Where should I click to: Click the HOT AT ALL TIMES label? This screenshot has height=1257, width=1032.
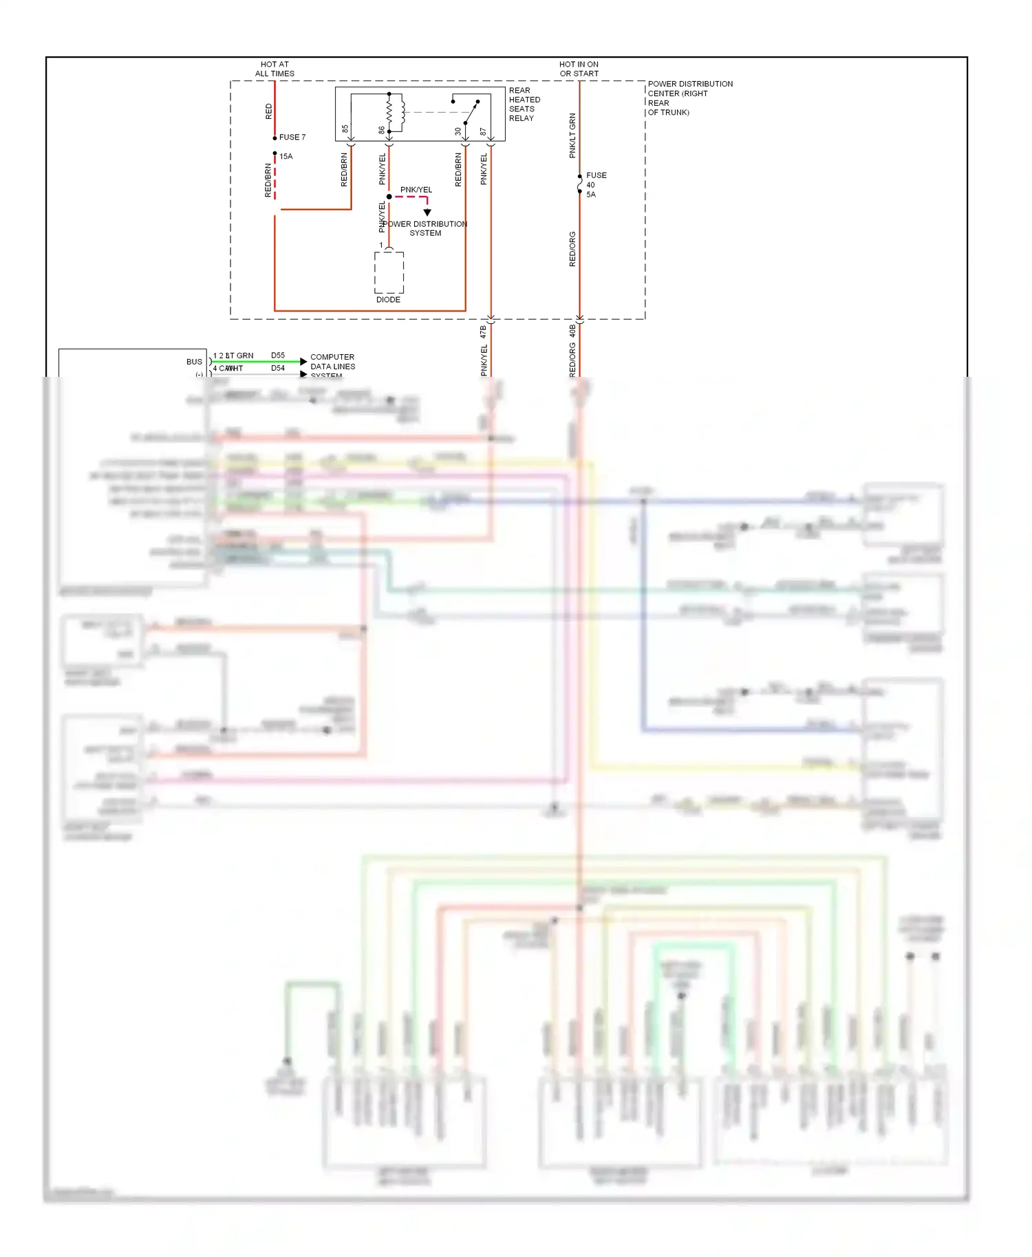tap(275, 69)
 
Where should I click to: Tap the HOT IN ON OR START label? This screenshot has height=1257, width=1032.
tap(579, 69)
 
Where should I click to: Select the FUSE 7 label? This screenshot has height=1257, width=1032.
tap(292, 138)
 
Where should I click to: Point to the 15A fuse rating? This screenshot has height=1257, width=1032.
tap(286, 157)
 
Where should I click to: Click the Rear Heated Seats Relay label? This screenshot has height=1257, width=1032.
tap(524, 105)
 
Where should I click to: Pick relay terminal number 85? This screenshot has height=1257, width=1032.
tap(345, 129)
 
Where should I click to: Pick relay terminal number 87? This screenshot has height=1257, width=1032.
tap(483, 131)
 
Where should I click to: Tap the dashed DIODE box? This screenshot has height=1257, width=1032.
tap(389, 272)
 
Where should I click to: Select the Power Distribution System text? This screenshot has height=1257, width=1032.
tap(425, 229)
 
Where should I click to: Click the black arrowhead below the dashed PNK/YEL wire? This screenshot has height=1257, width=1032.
tap(427, 212)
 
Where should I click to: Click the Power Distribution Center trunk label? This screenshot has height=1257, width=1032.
tap(689, 98)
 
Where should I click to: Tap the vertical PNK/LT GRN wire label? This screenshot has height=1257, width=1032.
tap(572, 136)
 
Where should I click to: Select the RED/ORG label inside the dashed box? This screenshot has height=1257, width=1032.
tap(572, 249)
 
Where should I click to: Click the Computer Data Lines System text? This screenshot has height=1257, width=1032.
tap(332, 366)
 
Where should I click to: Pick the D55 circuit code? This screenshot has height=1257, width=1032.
tap(278, 356)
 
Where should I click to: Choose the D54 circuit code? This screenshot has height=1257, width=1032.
tap(278, 369)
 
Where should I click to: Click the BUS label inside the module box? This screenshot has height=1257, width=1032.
tap(194, 362)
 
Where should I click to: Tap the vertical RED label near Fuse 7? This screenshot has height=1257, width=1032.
tap(269, 111)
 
